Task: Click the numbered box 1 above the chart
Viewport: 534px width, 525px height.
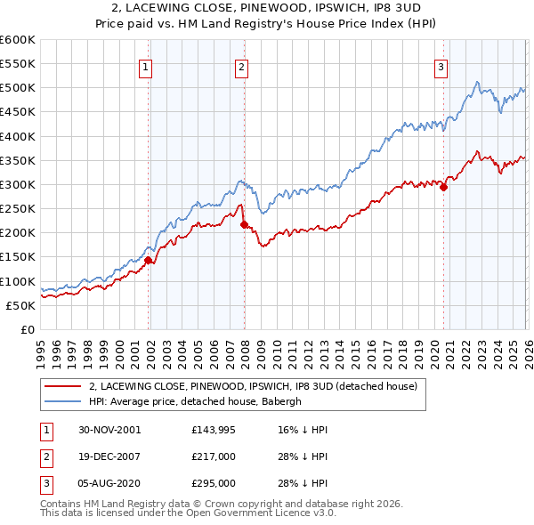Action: [145, 65]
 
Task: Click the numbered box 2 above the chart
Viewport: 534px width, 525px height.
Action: [241, 65]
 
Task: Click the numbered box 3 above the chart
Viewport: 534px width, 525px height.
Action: [441, 65]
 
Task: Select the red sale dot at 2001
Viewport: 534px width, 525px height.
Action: [149, 260]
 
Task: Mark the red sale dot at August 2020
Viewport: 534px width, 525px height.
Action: [443, 187]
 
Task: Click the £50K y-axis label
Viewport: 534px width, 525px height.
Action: [20, 305]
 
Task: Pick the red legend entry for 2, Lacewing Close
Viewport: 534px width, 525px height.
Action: [258, 386]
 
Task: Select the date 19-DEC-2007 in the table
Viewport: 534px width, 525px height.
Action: [109, 456]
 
